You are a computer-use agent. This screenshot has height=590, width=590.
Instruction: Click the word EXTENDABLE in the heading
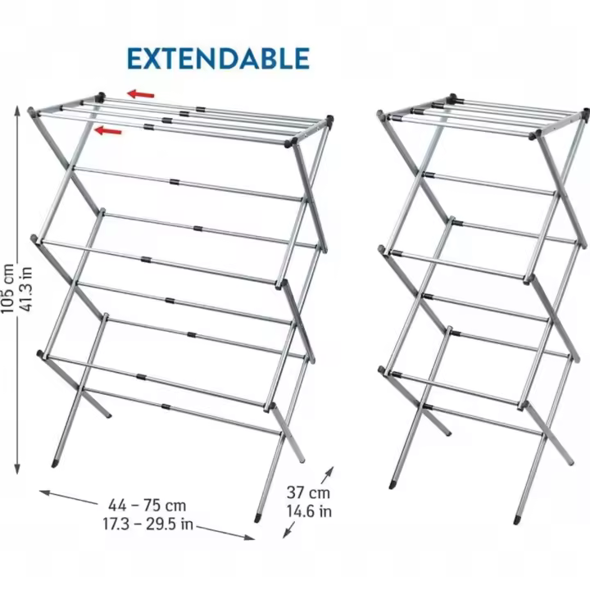point(218,58)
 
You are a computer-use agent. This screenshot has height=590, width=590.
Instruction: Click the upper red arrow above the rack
point(141,94)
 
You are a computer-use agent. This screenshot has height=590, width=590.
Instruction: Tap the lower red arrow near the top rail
point(108,131)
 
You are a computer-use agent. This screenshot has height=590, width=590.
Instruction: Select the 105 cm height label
point(7,288)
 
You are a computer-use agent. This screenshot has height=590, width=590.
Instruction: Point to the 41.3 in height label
point(26,289)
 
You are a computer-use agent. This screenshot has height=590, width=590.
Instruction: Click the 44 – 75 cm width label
point(147,506)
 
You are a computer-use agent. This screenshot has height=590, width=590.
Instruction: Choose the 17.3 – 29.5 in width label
point(147,524)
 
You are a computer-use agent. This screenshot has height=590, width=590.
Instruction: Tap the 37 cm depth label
point(308,492)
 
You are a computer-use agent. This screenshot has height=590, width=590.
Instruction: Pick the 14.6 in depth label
point(309,511)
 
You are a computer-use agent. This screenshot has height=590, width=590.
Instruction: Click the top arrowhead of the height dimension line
point(17,111)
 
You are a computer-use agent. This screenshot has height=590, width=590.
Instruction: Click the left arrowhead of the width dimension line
point(44,492)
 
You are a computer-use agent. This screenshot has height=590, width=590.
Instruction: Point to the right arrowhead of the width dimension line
point(250,538)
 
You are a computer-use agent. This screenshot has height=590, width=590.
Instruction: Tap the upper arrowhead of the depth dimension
point(330,470)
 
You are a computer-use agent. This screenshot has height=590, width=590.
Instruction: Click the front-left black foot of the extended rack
point(55,464)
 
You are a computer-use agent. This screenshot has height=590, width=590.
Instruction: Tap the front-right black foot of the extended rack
point(257,518)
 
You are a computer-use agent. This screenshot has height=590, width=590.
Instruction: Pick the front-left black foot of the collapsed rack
point(392,485)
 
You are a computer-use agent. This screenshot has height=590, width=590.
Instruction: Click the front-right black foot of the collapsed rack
point(517,520)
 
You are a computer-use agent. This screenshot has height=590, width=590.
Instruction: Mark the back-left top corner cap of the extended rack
point(101,97)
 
